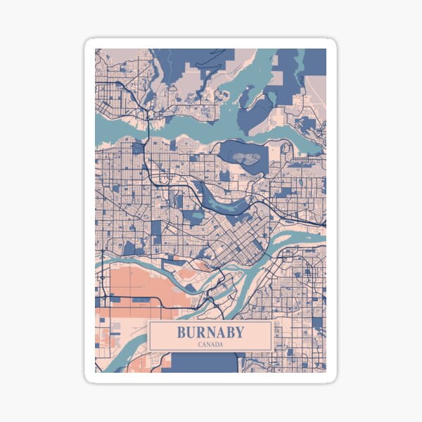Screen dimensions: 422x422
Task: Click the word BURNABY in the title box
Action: click(210, 332)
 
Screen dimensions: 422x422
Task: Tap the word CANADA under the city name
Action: click(210, 345)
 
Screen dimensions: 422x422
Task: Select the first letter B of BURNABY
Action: click(181, 332)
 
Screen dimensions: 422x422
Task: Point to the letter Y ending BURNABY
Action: click(240, 332)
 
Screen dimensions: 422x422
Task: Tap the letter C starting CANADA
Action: click(200, 345)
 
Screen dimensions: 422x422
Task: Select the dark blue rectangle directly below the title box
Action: click(204, 362)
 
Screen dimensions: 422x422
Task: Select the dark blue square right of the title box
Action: click(317, 324)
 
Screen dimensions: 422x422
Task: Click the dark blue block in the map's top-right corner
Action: click(316, 62)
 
